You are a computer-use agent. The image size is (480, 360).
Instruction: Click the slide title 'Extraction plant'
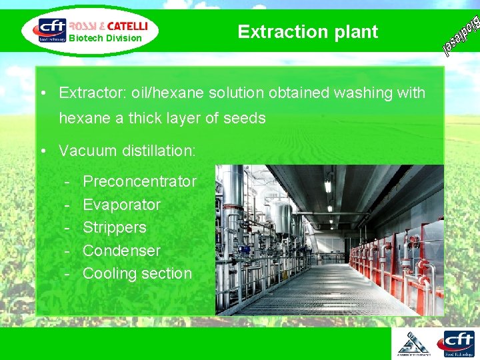(x=307, y=31)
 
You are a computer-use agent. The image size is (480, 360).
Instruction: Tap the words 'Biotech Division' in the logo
(x=105, y=38)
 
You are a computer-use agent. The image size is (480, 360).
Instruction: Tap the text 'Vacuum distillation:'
(x=127, y=151)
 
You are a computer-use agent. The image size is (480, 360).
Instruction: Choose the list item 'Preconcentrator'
(x=139, y=181)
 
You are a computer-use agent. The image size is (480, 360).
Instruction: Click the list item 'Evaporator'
(x=121, y=205)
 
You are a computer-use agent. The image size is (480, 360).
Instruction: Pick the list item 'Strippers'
(x=114, y=227)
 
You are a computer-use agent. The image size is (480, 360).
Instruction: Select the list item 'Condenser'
(x=121, y=251)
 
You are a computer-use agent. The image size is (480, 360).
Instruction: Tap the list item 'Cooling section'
(x=137, y=273)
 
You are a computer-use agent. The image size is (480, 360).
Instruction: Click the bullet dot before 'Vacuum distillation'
(x=42, y=151)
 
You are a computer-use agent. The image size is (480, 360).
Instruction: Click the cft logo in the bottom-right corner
(x=455, y=344)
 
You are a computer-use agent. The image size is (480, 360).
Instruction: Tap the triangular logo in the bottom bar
(x=413, y=343)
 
